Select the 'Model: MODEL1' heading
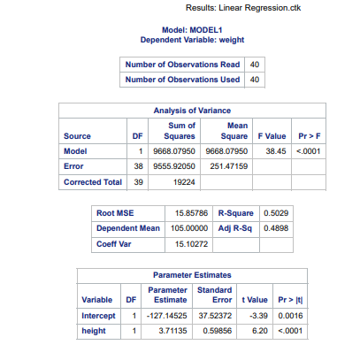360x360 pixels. [x=192, y=31]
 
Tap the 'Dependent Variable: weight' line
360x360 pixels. [x=192, y=41]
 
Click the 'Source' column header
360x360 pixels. [x=78, y=136]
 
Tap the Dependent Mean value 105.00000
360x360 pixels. [x=188, y=227]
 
